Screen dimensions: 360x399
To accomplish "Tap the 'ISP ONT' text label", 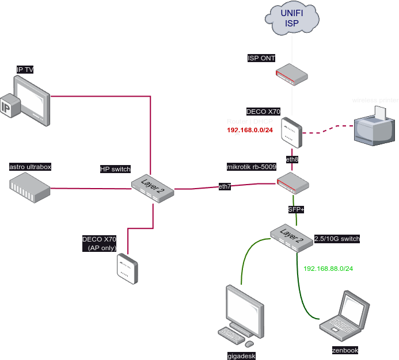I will click(x=261, y=58).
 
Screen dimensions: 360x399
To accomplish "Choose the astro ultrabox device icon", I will click(x=30, y=187).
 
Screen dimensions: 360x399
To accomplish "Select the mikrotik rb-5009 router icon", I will click(x=292, y=183).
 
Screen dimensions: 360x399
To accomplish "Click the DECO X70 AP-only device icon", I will click(x=127, y=269).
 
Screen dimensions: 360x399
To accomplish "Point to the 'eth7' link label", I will click(x=225, y=186).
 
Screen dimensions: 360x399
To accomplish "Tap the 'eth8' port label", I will click(x=292, y=158).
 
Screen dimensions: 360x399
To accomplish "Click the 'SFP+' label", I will click(x=296, y=209).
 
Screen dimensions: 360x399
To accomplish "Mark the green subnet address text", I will click(x=328, y=269).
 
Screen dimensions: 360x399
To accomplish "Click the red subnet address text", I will click(x=249, y=130).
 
